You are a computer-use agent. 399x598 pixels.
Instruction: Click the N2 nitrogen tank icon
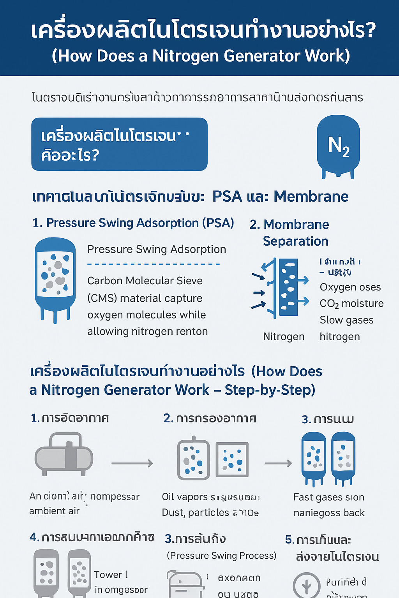338,146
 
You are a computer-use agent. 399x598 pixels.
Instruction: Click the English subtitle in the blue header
201,56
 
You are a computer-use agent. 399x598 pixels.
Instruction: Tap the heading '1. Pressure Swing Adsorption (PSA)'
133,223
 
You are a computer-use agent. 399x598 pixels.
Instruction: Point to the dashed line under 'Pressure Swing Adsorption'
154,264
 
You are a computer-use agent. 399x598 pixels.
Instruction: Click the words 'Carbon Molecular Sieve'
145,281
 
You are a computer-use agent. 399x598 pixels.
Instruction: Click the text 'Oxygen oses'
350,287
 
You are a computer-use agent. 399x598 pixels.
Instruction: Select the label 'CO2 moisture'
351,304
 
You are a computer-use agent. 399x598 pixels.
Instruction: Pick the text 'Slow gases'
346,320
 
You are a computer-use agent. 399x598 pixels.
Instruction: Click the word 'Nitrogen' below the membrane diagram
284,337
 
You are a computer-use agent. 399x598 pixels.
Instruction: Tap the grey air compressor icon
64,454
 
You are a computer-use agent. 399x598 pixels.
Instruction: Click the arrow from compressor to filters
132,463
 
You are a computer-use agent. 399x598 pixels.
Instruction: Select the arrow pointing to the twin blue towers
278,463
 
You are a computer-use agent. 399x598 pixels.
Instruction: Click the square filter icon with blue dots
232,459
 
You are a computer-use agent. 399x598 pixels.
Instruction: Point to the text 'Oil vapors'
185,497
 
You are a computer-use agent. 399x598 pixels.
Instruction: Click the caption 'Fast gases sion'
328,497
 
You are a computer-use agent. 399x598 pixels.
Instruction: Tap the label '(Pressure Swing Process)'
221,556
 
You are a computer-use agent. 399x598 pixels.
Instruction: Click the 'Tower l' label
111,575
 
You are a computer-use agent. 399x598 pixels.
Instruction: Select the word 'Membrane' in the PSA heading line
311,197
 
